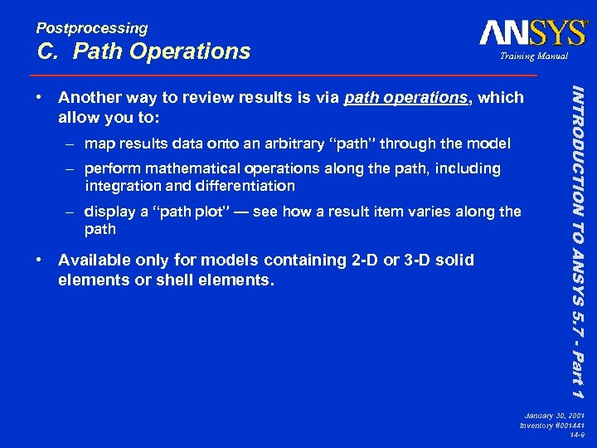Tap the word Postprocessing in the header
pyautogui.click(x=92, y=28)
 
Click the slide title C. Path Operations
pyautogui.click(x=143, y=51)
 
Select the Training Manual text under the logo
pyautogui.click(x=532, y=56)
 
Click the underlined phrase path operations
pyautogui.click(x=405, y=98)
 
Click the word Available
pyautogui.click(x=94, y=260)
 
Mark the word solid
pyautogui.click(x=454, y=260)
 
